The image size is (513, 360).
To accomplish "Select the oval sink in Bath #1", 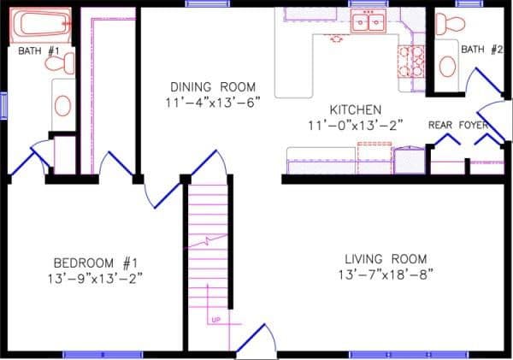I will click(62, 105).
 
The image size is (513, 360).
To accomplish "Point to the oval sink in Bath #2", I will click(445, 63).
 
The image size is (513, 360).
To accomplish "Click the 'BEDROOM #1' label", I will click(95, 262).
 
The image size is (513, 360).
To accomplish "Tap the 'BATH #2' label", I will click(481, 50).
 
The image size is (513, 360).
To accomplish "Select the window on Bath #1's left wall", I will click(3, 106).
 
